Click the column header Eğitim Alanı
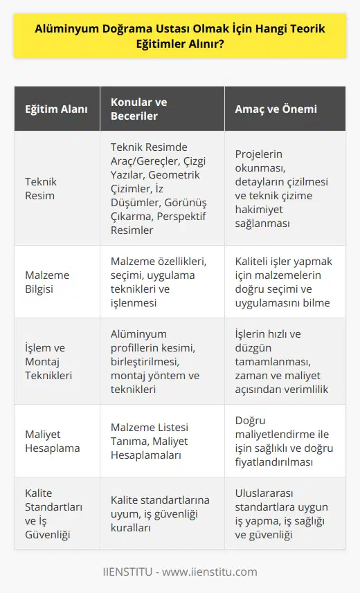pyautogui.click(x=51, y=109)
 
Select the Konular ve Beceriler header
pyautogui.click(x=139, y=109)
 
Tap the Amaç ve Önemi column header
pyautogui.click(x=267, y=109)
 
